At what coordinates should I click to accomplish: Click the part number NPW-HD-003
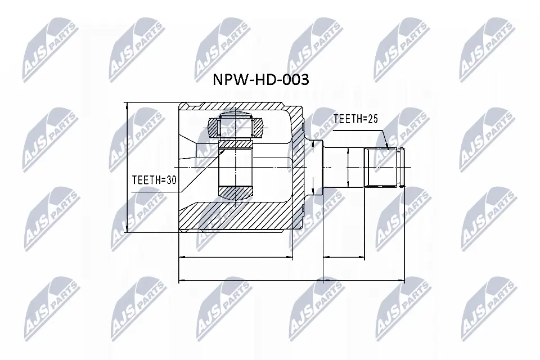pos(260,80)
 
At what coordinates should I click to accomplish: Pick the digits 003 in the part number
pos(295,80)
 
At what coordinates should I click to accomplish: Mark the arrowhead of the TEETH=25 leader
pos(388,147)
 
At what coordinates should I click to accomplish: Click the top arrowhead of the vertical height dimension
pos(128,106)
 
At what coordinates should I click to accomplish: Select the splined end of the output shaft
pos(385,167)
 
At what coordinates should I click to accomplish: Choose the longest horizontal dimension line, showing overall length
pos(291,280)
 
